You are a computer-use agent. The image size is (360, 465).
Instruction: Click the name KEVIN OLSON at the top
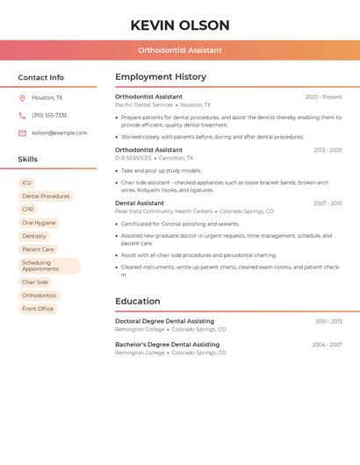tap(179, 25)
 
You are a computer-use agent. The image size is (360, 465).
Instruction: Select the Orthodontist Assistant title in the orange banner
tap(179, 50)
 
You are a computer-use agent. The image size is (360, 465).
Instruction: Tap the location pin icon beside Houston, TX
tap(22, 97)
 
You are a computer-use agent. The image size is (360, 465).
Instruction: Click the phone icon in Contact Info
tap(22, 115)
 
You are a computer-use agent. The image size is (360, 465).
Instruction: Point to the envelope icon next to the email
tap(22, 132)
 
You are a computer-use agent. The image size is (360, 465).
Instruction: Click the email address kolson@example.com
tap(60, 132)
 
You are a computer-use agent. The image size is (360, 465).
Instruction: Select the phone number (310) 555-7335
tap(49, 115)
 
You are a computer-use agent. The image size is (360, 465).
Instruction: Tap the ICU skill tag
tap(27, 182)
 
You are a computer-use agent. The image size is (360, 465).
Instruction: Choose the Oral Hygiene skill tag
tap(39, 223)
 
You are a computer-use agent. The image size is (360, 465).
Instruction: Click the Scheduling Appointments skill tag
tap(48, 266)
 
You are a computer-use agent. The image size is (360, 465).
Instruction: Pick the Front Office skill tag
tap(38, 309)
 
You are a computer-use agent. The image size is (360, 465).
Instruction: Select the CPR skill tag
tap(28, 210)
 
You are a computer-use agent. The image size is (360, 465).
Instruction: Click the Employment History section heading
tap(161, 77)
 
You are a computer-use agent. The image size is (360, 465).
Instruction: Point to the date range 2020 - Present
tap(323, 97)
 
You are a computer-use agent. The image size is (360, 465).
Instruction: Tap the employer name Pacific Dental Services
tap(144, 104)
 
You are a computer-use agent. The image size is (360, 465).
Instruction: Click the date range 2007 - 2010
tap(328, 204)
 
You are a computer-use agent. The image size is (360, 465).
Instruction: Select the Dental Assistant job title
tap(140, 204)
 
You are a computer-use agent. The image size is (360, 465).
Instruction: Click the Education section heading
tap(138, 301)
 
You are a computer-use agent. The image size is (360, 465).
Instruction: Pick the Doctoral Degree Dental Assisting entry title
tap(164, 321)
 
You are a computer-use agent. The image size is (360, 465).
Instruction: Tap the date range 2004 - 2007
tap(327, 345)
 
